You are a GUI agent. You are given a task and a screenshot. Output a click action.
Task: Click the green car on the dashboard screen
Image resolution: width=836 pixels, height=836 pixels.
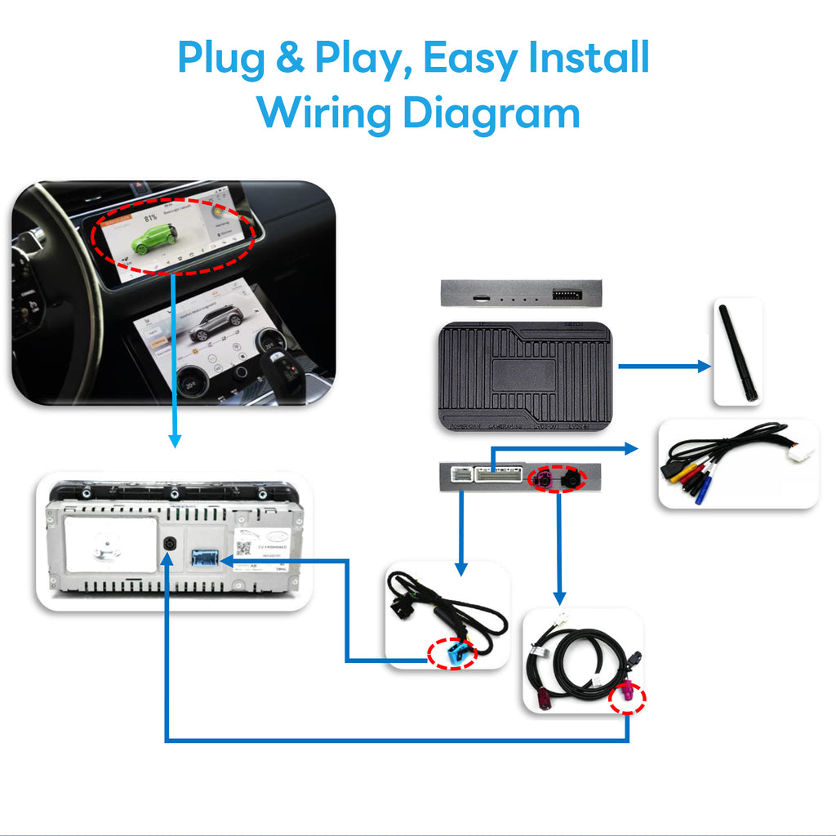point(153,236)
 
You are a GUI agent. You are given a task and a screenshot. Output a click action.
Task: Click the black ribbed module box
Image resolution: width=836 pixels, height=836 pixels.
point(525,376)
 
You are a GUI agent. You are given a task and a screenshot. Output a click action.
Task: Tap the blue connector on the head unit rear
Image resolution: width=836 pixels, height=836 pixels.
point(205,558)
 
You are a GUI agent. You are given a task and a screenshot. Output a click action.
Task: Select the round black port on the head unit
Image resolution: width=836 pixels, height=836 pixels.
point(167,545)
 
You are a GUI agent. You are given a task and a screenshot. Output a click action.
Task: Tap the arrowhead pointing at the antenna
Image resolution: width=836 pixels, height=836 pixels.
point(704,367)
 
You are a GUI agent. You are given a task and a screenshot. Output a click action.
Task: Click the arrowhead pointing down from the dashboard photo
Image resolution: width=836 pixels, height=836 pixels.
point(174,441)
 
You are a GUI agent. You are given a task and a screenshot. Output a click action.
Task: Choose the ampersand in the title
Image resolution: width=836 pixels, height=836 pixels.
point(290,59)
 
